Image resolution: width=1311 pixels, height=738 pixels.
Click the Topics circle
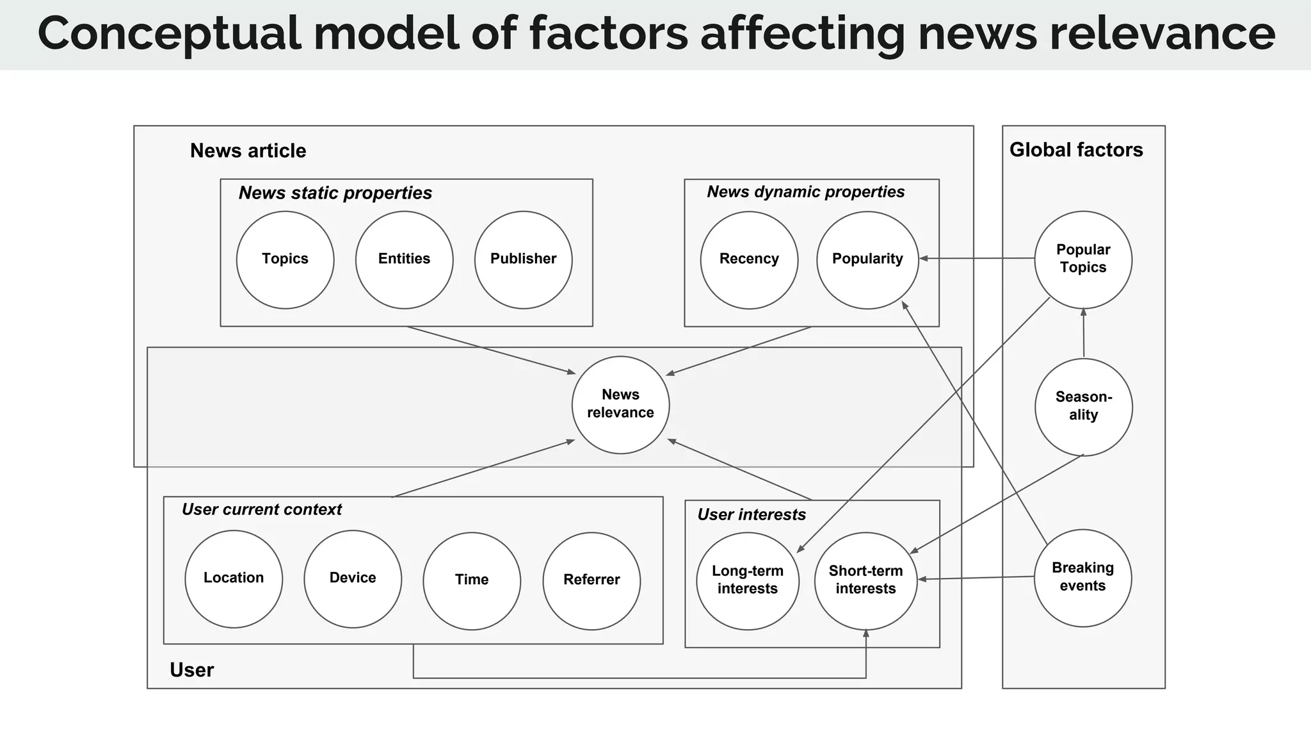point(285,259)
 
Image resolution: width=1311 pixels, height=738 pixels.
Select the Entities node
point(404,259)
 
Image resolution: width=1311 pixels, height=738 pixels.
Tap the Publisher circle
point(523,259)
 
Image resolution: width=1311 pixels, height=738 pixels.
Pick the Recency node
point(749,259)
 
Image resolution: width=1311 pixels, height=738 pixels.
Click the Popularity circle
point(867,259)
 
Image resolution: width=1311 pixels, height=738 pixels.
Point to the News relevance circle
point(620,404)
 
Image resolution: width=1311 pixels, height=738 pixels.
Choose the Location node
point(234,578)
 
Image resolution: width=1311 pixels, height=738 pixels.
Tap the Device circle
point(353,578)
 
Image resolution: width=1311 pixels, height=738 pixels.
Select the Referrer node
point(591,580)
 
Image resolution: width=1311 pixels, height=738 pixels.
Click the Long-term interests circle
point(747,580)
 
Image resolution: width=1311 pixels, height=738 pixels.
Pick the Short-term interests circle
point(865,580)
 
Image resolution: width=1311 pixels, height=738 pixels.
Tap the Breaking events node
point(1082,577)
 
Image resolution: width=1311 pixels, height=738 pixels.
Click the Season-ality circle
point(1083,406)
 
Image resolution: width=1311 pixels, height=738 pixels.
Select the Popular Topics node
point(1083,259)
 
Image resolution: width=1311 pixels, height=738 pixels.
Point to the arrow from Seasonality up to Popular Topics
point(1084,332)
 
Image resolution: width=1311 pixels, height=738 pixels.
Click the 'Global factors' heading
point(1076,150)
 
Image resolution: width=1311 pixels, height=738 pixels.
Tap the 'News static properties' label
point(335,193)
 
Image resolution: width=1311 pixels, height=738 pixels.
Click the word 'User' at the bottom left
point(191,670)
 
